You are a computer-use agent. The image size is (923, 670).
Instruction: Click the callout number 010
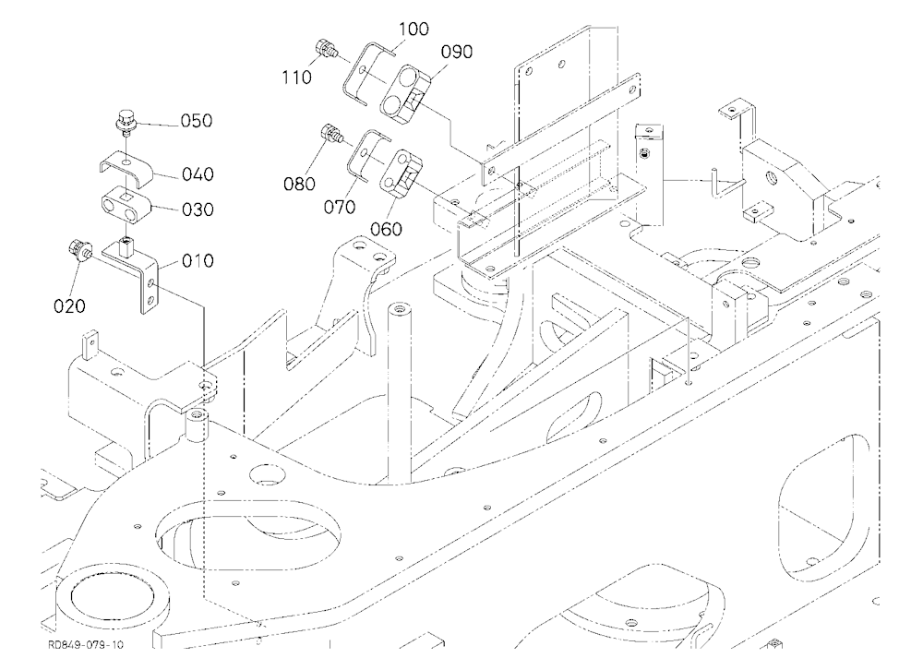198,261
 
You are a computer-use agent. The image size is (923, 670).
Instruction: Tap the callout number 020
69,306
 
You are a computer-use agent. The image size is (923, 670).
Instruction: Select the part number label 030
198,209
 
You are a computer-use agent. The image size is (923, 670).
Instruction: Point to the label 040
198,174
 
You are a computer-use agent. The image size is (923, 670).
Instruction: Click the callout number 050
197,121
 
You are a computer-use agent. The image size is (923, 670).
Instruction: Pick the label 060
386,229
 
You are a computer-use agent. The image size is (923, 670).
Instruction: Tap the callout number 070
340,208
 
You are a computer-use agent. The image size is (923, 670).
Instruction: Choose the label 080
300,185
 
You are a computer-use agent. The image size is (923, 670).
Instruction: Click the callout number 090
457,53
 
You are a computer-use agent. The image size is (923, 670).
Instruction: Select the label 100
414,29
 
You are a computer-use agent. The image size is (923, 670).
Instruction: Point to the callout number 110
296,78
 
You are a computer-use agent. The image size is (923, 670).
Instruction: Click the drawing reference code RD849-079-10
86,645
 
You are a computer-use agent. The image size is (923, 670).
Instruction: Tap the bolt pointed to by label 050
125,123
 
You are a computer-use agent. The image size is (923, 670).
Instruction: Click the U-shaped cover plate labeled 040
126,167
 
